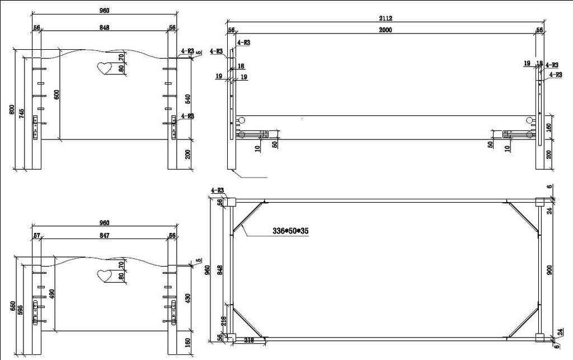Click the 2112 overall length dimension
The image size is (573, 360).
point(385,18)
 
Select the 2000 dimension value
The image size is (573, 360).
point(385,30)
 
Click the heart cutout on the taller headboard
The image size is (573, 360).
point(104,68)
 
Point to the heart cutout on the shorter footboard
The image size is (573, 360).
point(104,275)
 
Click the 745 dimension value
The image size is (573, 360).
point(22,112)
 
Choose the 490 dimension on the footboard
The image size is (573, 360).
point(52,294)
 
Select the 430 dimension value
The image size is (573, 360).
point(188,300)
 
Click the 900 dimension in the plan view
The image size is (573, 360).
point(549,270)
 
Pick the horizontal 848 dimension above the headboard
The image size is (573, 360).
point(104,27)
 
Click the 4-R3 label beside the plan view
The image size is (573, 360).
point(217,190)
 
